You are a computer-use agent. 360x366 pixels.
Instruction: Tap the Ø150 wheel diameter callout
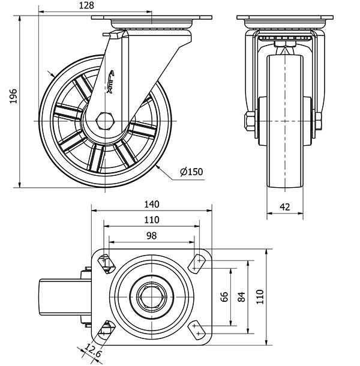click(191, 172)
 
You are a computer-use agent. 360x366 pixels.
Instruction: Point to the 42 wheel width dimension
click(285, 206)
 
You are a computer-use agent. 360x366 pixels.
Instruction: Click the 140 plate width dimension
click(151, 203)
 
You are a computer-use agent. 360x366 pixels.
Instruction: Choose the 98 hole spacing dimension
click(151, 236)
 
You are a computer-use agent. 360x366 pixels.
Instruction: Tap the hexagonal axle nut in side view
click(105, 119)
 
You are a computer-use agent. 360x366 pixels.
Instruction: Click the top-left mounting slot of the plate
click(105, 261)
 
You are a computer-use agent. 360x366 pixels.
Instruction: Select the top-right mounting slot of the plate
click(197, 261)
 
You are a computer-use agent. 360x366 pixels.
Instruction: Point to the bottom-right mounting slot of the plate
click(197, 329)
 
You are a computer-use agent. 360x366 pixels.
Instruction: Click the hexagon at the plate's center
click(151, 295)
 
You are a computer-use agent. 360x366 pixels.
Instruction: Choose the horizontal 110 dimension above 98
click(151, 220)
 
